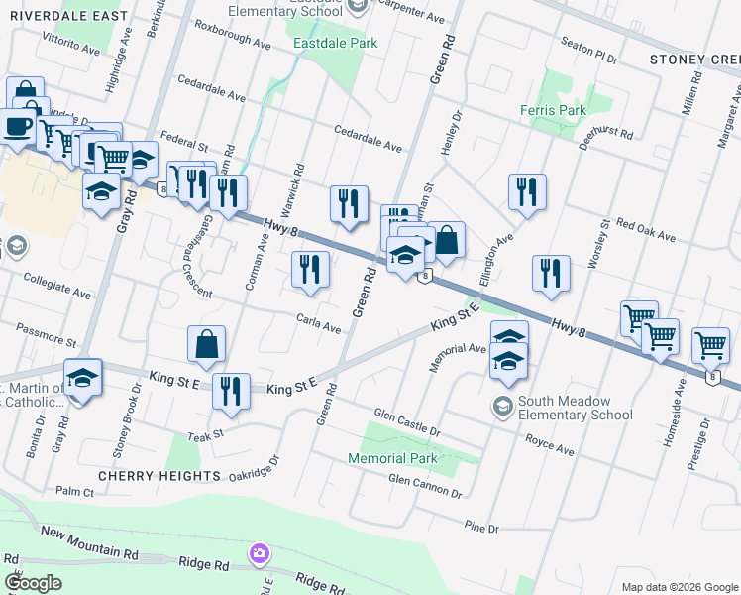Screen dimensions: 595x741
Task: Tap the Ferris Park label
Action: tap(554, 110)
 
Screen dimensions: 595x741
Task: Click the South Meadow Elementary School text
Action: tap(578, 415)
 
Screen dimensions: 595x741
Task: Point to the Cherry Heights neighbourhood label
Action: tap(159, 476)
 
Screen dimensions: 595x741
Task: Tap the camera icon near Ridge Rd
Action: tap(260, 551)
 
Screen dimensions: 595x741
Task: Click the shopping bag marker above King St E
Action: tap(206, 344)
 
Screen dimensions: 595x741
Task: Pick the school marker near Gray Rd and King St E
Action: tap(83, 377)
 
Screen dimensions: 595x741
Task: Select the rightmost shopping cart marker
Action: tap(711, 345)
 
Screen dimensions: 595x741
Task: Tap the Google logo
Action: tap(33, 583)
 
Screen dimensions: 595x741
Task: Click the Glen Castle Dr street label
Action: tap(407, 421)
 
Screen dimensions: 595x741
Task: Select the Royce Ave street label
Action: tap(550, 443)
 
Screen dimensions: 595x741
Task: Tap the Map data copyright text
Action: tap(679, 587)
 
